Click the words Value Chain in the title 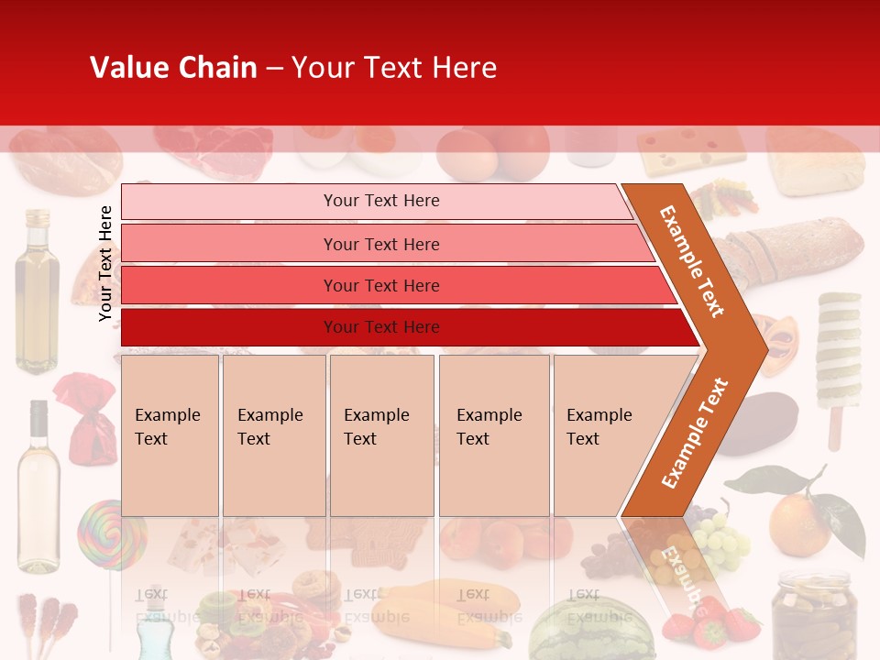(x=173, y=68)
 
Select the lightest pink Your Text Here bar (x=380, y=201)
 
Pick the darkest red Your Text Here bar (x=380, y=327)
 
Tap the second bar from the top (x=380, y=244)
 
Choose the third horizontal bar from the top (x=380, y=285)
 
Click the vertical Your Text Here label (x=105, y=263)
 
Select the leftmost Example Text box (x=170, y=434)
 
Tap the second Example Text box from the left (x=273, y=434)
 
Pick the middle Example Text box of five (x=381, y=434)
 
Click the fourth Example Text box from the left (x=493, y=434)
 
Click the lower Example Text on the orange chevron (x=695, y=433)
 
